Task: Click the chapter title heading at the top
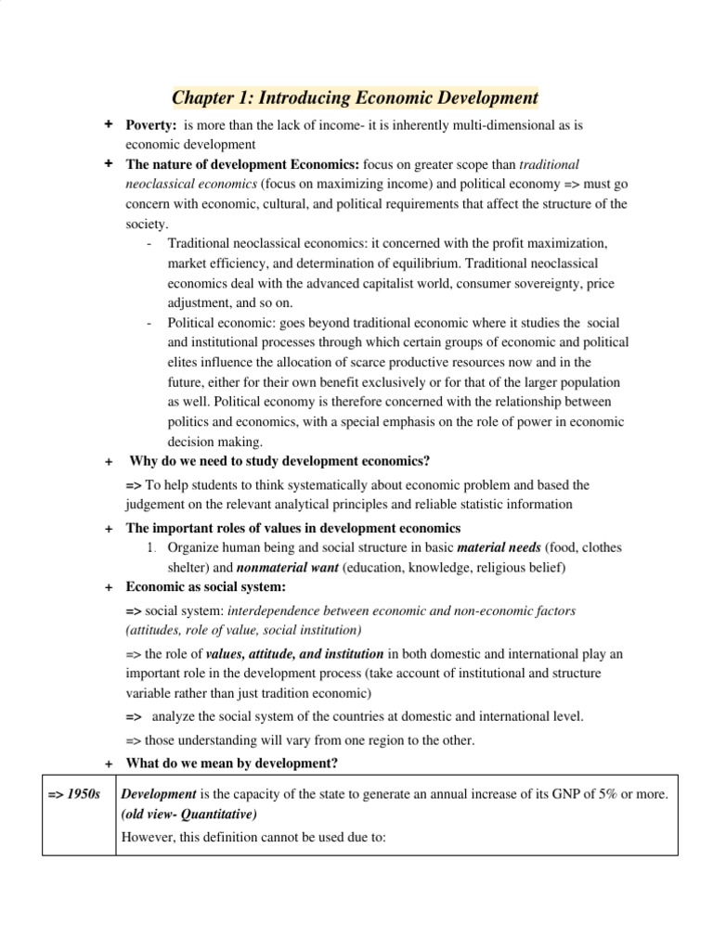tap(356, 97)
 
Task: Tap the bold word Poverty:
tap(151, 124)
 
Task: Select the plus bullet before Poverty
tap(109, 124)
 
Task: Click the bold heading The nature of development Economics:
tap(243, 164)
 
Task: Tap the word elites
tap(185, 362)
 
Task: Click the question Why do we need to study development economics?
tap(279, 461)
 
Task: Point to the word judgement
tap(159, 504)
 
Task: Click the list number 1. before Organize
tap(152, 547)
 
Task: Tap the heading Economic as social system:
tap(206, 588)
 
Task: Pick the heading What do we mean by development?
tap(231, 763)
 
